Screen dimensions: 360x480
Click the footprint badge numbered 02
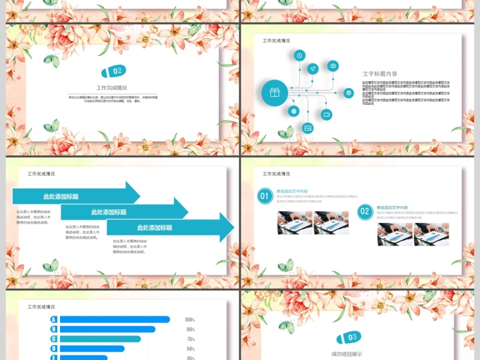tap(115, 71)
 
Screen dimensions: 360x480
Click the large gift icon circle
tap(274, 92)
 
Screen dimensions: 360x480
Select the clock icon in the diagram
tap(299, 56)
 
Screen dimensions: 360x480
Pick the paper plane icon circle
tap(313, 69)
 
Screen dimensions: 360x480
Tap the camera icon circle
tap(333, 66)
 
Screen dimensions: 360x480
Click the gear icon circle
tap(349, 92)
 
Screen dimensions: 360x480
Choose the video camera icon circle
tap(326, 114)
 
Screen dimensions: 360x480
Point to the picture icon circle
tap(308, 128)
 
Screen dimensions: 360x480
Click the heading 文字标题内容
tap(380, 74)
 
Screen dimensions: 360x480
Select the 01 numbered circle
tap(265, 196)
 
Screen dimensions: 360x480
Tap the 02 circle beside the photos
tap(365, 211)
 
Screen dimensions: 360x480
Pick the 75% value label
tap(190, 339)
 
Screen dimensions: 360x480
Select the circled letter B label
tap(53, 329)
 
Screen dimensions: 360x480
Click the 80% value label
tap(190, 329)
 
